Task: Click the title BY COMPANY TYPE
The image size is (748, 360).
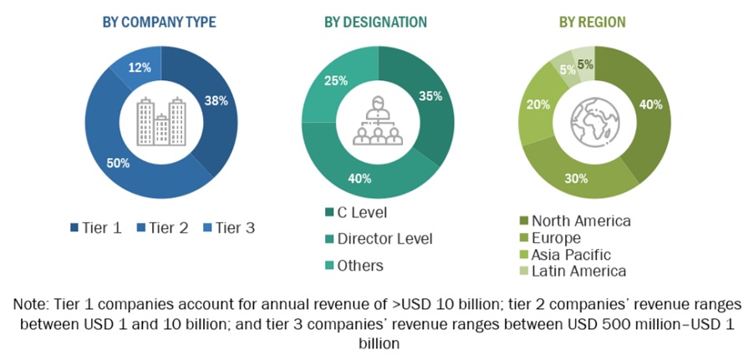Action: [x=159, y=23]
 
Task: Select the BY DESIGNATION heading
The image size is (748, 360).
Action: [x=375, y=23]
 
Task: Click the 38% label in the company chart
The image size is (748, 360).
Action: [x=216, y=102]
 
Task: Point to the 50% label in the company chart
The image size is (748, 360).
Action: [x=118, y=163]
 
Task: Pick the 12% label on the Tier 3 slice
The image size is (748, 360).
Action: [x=139, y=66]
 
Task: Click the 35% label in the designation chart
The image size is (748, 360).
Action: [x=430, y=96]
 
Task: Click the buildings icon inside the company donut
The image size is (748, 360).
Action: [x=160, y=122]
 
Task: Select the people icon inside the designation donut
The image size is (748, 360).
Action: [x=377, y=122]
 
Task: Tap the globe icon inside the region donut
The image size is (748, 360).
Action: [x=594, y=123]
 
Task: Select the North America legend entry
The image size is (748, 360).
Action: [x=581, y=221]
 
